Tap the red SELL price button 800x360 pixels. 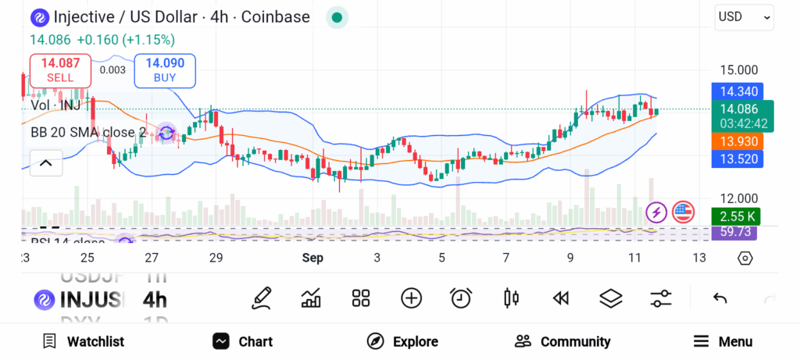(60, 70)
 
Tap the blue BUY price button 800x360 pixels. (165, 70)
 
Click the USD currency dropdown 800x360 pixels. (744, 16)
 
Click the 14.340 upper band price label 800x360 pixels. (738, 91)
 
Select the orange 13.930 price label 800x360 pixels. (738, 141)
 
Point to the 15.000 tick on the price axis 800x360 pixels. (738, 70)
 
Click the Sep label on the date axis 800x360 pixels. (312, 258)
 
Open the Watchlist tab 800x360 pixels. (84, 341)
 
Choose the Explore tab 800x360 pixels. (403, 341)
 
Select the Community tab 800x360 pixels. (562, 341)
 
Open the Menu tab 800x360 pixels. (723, 341)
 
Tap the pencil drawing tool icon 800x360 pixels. (262, 298)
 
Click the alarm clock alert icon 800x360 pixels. (461, 298)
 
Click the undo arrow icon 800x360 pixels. (720, 298)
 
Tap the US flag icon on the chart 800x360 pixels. (683, 212)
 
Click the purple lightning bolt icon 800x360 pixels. (656, 212)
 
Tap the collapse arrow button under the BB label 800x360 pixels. (45, 163)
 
